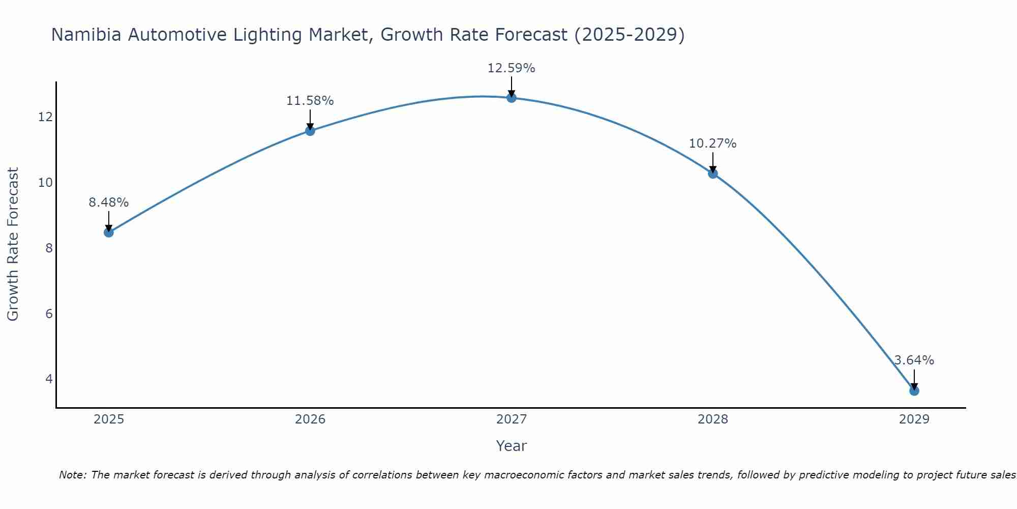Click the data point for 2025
(108, 233)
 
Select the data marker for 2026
(310, 131)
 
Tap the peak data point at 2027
(511, 98)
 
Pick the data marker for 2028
(712, 174)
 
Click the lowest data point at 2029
(914, 391)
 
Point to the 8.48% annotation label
(108, 203)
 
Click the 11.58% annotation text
(310, 101)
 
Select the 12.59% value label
(511, 68)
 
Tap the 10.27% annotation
(712, 144)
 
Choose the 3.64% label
(914, 360)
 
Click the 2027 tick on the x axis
(511, 419)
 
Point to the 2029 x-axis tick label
(914, 419)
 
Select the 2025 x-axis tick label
(108, 419)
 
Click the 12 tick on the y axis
(45, 117)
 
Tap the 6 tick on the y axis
(49, 314)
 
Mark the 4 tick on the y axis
(49, 379)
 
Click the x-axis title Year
(511, 446)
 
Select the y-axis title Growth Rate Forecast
(13, 244)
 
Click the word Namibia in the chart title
(87, 35)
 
